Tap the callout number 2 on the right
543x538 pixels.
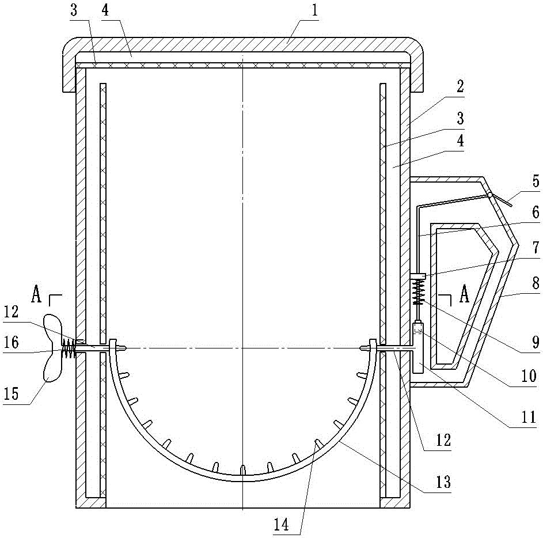click(x=460, y=86)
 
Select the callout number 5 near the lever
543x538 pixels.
click(x=536, y=181)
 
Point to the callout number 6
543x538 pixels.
click(x=536, y=211)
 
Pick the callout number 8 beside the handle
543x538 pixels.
click(x=536, y=283)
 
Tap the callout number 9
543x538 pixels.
click(x=536, y=342)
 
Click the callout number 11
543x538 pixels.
click(x=529, y=417)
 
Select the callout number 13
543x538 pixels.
click(x=443, y=482)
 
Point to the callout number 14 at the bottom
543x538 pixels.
click(x=281, y=525)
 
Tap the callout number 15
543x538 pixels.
click(x=11, y=393)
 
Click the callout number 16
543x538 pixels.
click(x=11, y=342)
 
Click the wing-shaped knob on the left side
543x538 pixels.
click(x=52, y=347)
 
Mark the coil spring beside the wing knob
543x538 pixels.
click(x=69, y=348)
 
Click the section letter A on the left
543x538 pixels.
click(x=36, y=295)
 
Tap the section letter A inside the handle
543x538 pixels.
click(x=464, y=294)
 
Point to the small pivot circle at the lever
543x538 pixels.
click(x=490, y=195)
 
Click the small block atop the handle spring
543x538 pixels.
click(x=417, y=276)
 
